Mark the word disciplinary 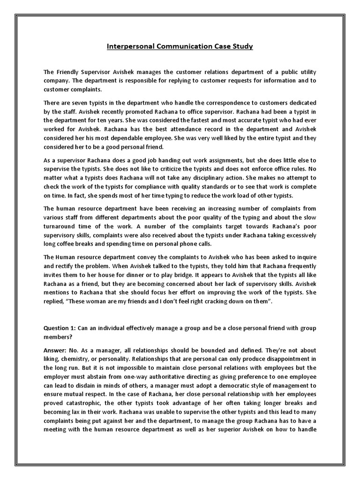point(200,179)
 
